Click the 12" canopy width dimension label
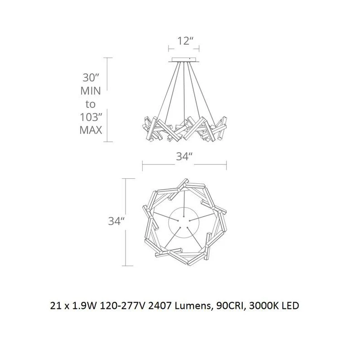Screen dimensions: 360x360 point(184,41)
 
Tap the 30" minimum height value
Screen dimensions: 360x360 point(91,77)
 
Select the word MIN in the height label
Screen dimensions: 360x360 point(91,91)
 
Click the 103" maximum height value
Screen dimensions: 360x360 point(91,117)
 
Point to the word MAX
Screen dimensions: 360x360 point(91,130)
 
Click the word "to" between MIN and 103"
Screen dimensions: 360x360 point(91,105)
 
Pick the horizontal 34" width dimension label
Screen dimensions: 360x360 point(184,157)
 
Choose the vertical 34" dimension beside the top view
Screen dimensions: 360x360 point(116,221)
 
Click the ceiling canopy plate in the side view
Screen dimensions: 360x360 point(184,60)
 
